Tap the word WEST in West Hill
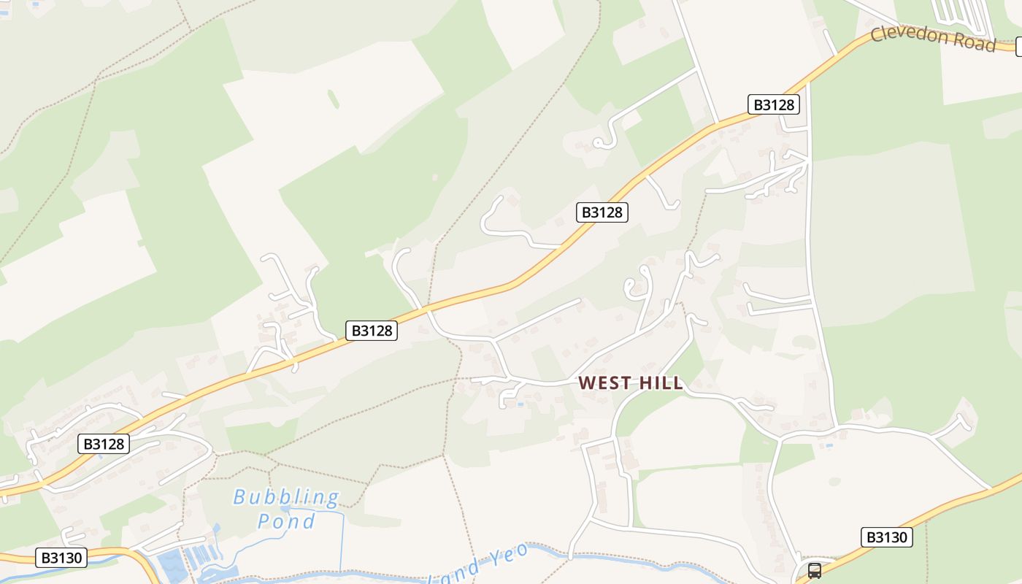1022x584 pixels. [605, 383]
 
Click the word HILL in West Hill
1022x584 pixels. [661, 383]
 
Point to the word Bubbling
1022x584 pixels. [286, 498]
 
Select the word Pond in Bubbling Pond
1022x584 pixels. [286, 521]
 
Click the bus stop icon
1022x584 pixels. [814, 571]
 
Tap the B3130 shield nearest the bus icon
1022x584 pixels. [887, 537]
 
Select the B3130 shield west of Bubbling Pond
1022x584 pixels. [61, 558]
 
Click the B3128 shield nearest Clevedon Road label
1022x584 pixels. [774, 104]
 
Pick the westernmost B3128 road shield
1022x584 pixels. [104, 444]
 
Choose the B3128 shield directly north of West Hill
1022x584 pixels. [602, 212]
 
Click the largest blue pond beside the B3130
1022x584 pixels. [172, 564]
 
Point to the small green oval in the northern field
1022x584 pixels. [334, 99]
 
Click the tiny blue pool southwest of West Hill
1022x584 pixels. [520, 403]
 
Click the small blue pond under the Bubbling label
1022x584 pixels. [286, 508]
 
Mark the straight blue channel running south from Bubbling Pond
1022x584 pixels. [342, 540]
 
